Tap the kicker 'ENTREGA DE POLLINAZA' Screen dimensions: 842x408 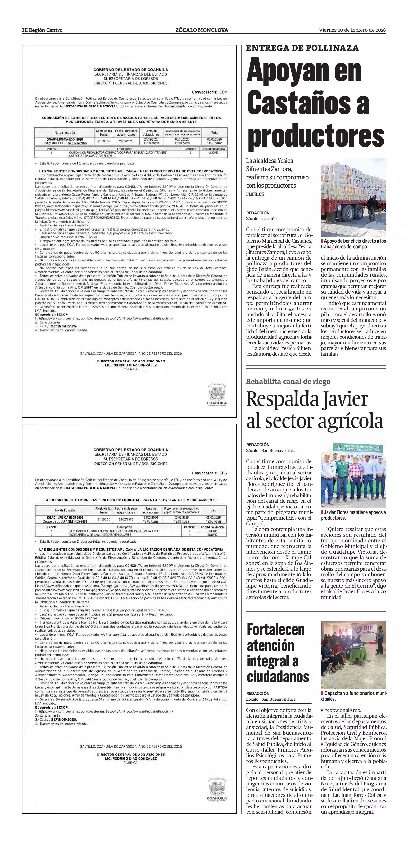click(x=302, y=48)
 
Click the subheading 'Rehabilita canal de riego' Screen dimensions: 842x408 click(x=288, y=381)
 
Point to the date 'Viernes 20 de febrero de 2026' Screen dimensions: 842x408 click(x=352, y=30)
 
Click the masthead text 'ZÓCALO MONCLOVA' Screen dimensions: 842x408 click(x=202, y=30)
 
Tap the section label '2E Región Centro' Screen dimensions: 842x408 click(x=42, y=30)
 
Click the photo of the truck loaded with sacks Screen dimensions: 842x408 click(x=353, y=197)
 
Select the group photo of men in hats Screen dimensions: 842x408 click(x=353, y=474)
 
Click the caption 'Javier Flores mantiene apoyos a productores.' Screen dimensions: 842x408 click(x=353, y=515)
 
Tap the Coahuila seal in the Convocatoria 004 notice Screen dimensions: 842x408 click(x=217, y=395)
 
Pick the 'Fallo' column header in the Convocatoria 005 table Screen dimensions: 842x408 click(x=213, y=510)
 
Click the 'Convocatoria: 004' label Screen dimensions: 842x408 click(x=209, y=92)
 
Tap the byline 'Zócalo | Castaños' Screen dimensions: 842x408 click(x=262, y=218)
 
